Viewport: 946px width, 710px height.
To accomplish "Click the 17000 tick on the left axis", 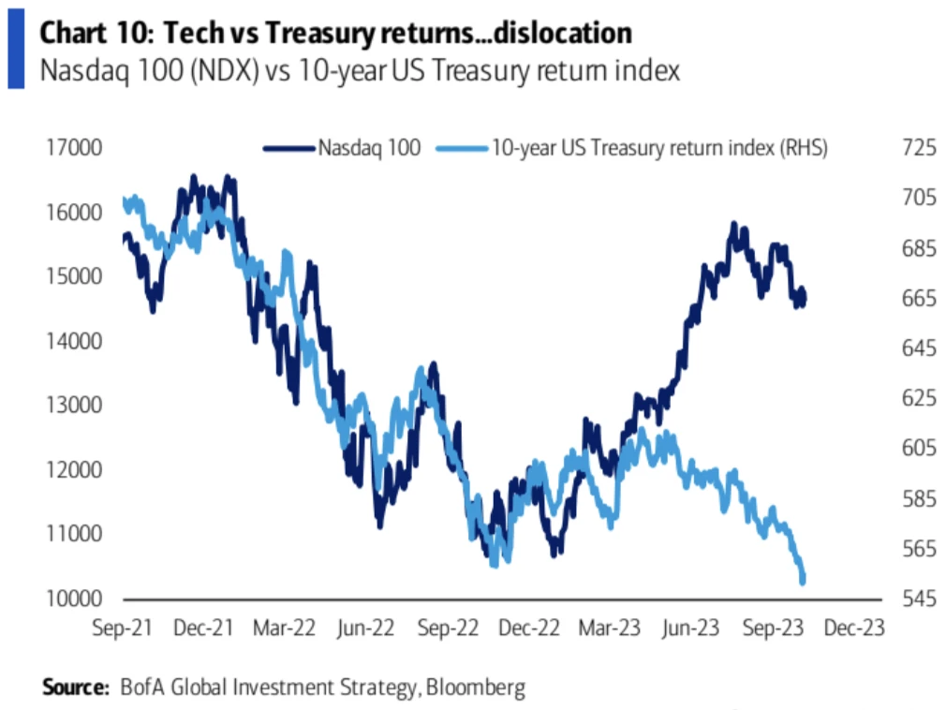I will [x=72, y=147].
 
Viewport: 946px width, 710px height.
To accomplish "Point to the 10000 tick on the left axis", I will [x=72, y=598].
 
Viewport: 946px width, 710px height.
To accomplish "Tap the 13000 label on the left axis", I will [x=72, y=405].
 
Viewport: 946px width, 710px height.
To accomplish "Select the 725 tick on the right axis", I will [x=892, y=147].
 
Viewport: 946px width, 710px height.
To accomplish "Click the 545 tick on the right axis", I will [x=892, y=598].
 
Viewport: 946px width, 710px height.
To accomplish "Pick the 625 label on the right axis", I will [x=892, y=398].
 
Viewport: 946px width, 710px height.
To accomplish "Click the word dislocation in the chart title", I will [x=558, y=34].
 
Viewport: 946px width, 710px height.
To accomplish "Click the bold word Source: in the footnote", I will [x=76, y=688].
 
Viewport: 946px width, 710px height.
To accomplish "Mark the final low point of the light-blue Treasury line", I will [x=803, y=582].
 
